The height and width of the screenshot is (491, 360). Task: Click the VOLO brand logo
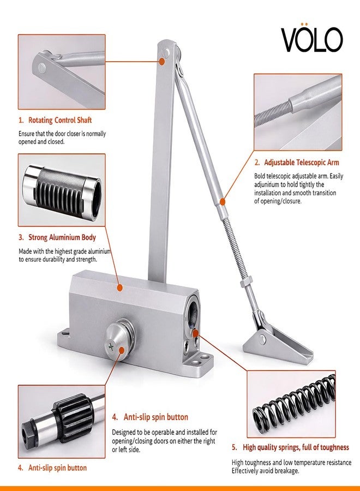311,38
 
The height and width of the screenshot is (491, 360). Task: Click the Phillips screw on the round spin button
111,346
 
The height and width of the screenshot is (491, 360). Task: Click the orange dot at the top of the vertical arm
162,61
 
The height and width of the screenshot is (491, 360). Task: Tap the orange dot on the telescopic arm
222,202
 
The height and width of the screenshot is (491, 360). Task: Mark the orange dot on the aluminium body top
119,288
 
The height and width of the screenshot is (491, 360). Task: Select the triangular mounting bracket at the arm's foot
278,344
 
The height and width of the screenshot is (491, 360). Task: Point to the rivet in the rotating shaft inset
42,68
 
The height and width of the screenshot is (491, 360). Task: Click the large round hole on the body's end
192,309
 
